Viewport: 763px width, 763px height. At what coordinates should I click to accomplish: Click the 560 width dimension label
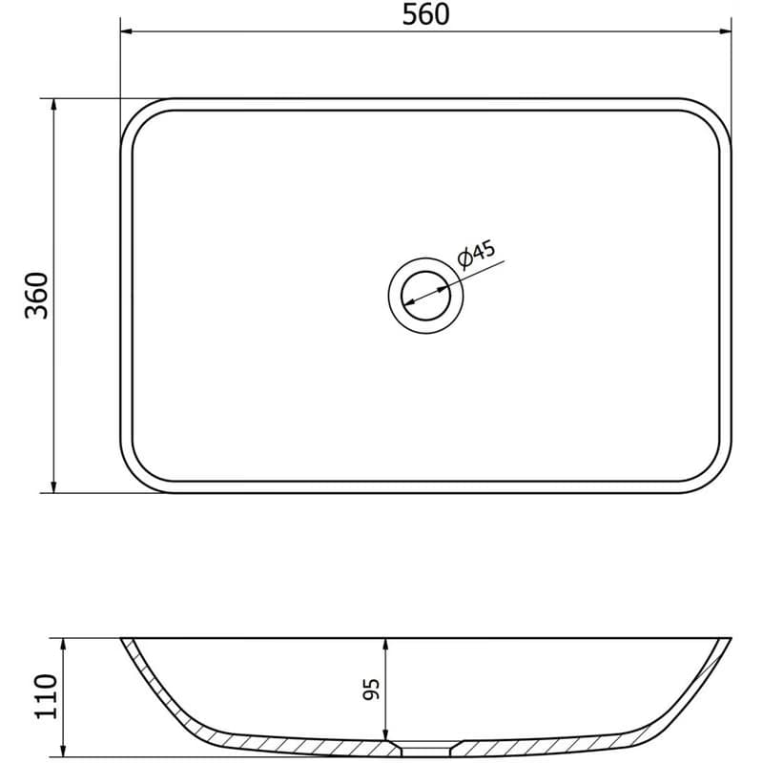pos(425,14)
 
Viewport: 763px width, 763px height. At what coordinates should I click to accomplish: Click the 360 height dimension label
pos(37,296)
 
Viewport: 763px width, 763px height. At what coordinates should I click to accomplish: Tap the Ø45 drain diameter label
pos(476,254)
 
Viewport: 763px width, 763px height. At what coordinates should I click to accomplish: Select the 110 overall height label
pos(46,696)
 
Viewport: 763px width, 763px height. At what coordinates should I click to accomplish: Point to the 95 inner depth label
pos(371,689)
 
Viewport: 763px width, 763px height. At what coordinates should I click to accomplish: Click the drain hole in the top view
pos(425,296)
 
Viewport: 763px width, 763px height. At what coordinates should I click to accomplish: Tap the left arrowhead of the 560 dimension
pos(127,31)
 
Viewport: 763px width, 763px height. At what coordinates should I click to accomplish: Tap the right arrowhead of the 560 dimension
pos(726,31)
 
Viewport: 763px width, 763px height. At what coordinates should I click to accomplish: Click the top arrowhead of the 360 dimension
pos(54,105)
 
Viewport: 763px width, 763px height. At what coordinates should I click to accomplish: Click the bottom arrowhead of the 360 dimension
pos(54,486)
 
